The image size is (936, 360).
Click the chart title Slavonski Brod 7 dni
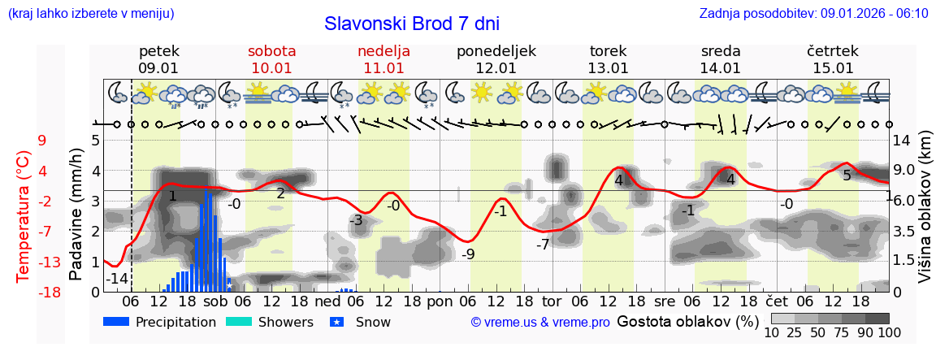(412, 24)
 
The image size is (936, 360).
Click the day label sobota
(271, 51)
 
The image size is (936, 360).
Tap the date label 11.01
(383, 68)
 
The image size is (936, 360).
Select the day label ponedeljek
(496, 51)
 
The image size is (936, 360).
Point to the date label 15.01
(833, 68)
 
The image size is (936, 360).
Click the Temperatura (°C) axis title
(24, 215)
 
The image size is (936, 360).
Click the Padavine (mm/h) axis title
(76, 215)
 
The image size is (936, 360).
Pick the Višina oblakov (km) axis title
(925, 215)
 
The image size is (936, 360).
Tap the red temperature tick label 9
(42, 141)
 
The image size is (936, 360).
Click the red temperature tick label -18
(49, 292)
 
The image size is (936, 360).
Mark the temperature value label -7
(543, 244)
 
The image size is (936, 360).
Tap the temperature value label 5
(847, 176)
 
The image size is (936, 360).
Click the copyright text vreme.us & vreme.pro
(540, 323)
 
